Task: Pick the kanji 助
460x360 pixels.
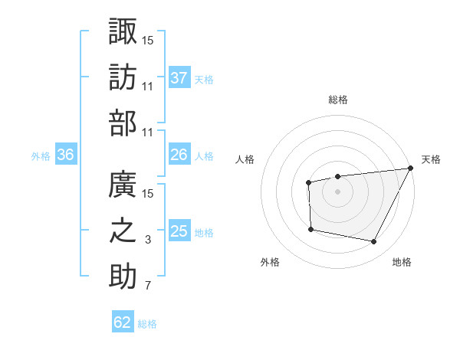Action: [x=123, y=277]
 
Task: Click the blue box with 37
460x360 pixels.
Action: [x=179, y=77]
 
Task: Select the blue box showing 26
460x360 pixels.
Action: [x=179, y=155]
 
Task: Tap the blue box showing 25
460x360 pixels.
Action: [x=179, y=231]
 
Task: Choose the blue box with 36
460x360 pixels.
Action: [x=66, y=155]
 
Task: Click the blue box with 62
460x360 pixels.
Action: [x=123, y=322]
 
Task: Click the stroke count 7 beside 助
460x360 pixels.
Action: [x=149, y=286]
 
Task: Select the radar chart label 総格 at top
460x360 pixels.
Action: [x=338, y=100]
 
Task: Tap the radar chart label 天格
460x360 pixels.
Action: [x=431, y=159]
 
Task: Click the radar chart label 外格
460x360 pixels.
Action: [x=270, y=262]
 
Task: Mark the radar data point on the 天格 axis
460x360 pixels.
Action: [x=410, y=169]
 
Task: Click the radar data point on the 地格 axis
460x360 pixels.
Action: [x=374, y=242]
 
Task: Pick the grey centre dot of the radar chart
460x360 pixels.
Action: [x=337, y=191]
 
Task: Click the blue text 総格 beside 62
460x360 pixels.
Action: [x=147, y=324]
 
